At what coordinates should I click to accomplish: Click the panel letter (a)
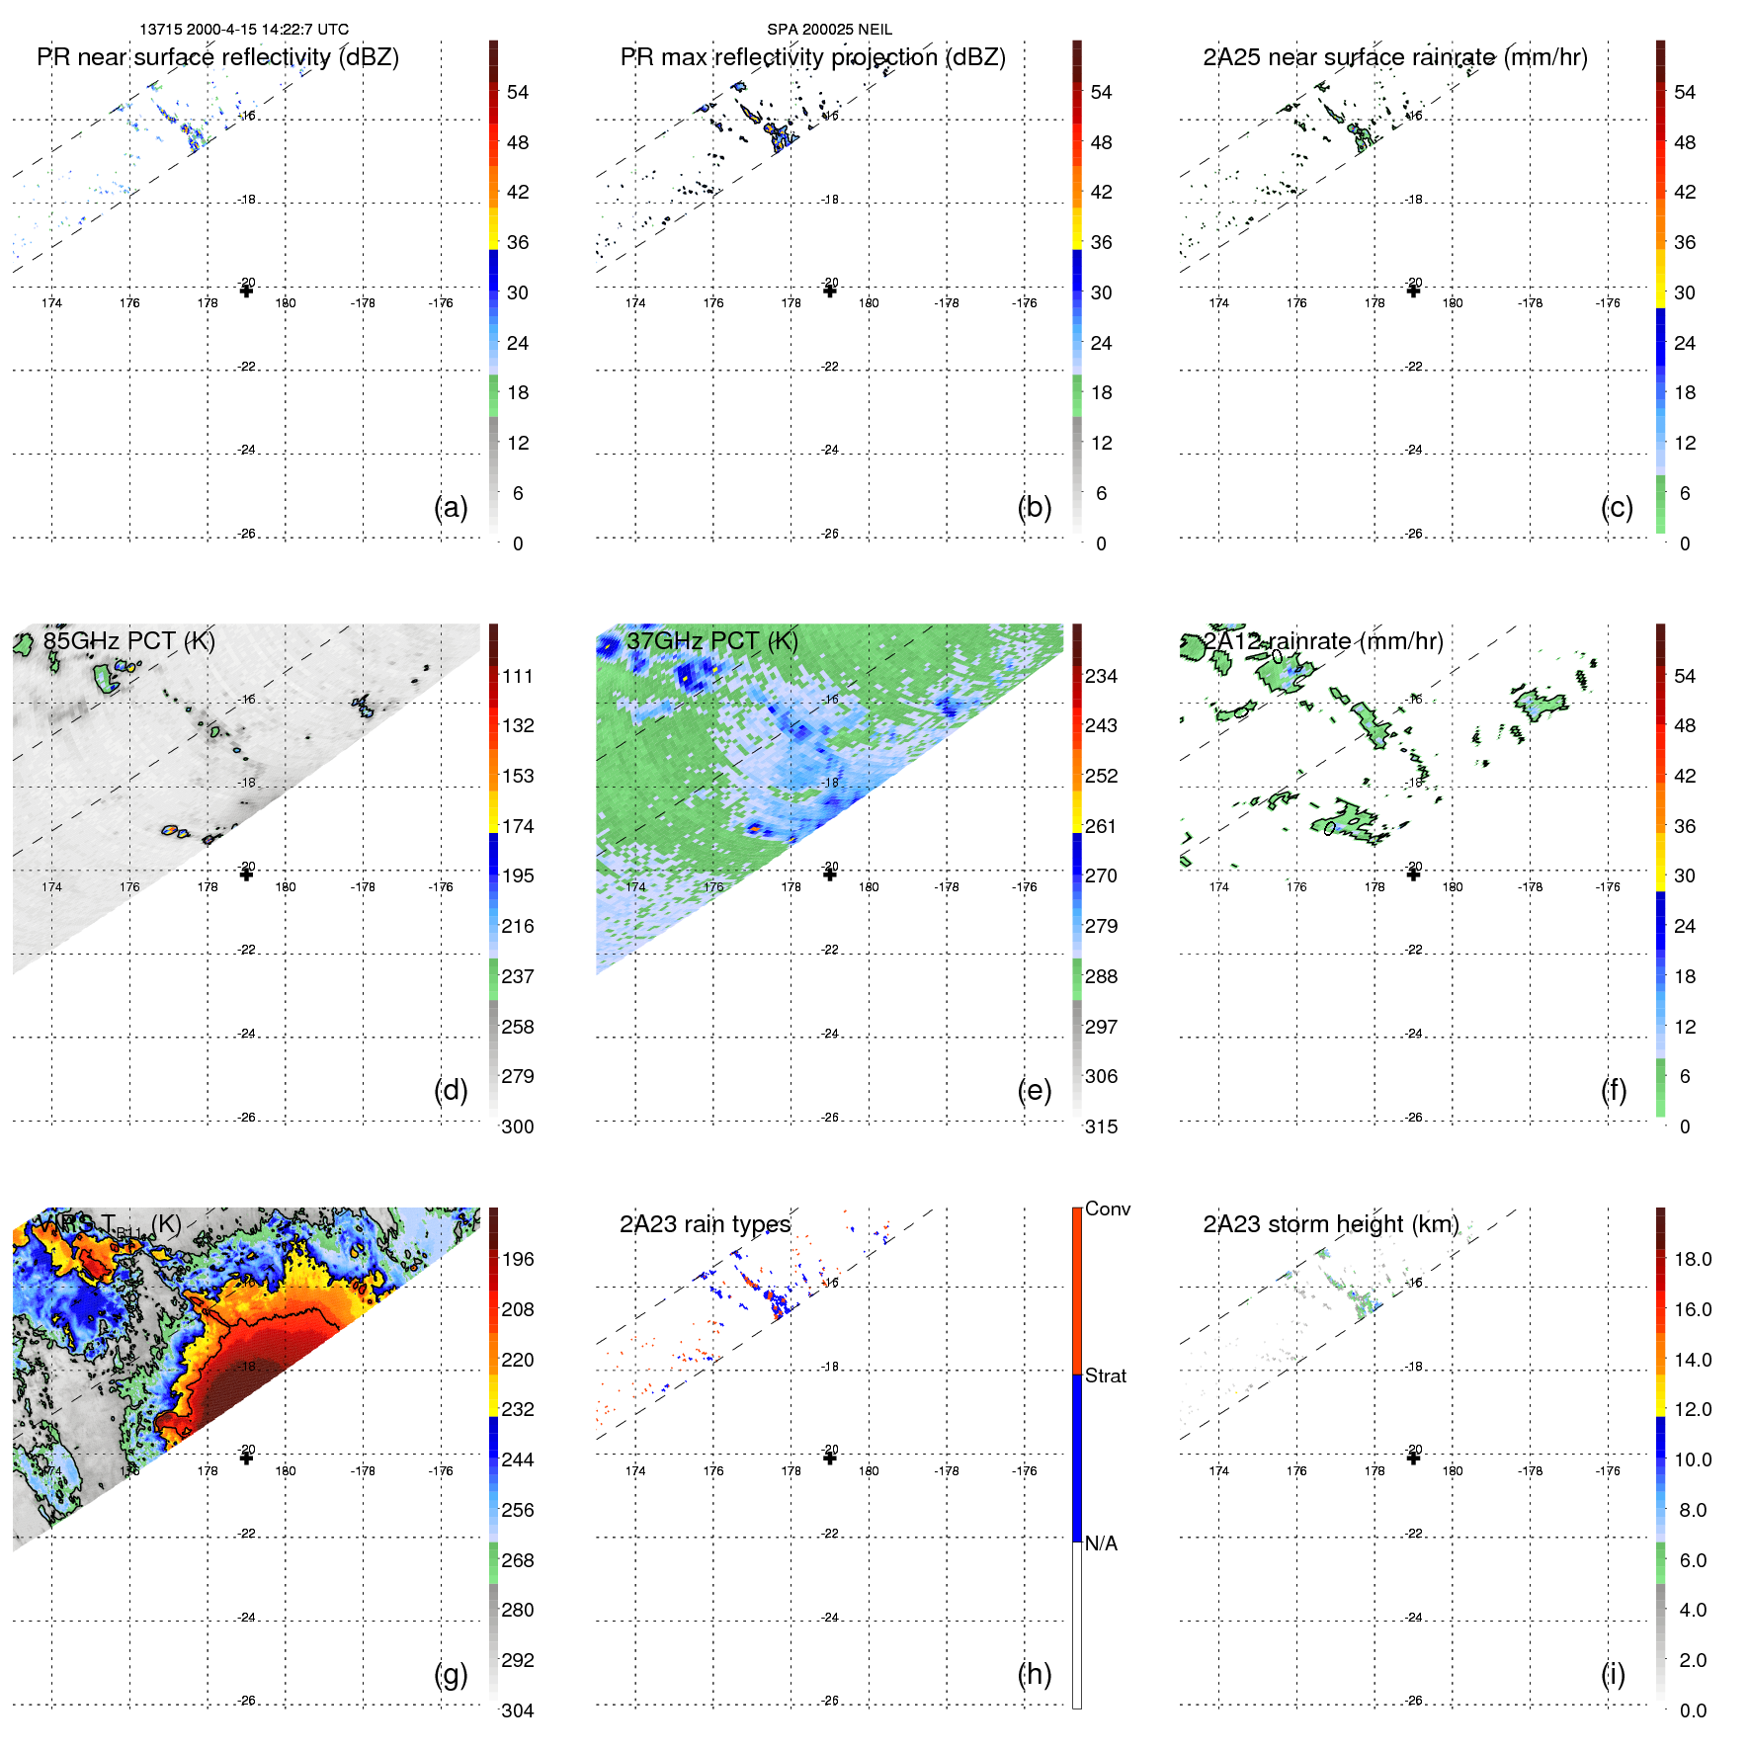coord(451,507)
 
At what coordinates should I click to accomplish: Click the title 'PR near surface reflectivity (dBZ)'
coord(217,57)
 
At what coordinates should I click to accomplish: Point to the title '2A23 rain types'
coord(705,1224)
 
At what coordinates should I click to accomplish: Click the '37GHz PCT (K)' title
coord(711,641)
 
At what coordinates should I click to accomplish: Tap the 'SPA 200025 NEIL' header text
coord(829,30)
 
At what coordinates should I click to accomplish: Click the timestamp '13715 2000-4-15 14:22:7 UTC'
coord(244,30)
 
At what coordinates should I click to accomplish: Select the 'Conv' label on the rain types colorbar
coord(1107,1208)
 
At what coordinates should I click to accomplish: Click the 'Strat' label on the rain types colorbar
coord(1105,1375)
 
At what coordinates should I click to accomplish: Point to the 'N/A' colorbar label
coord(1101,1543)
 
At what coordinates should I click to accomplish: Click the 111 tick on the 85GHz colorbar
coord(517,676)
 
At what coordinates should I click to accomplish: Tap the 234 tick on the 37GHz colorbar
coord(1101,676)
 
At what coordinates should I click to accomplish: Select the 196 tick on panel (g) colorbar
coord(517,1259)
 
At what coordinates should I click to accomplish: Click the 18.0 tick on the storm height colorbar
coord(1692,1259)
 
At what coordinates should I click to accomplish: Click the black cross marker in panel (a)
coord(246,291)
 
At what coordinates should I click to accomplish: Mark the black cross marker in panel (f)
coord(1413,874)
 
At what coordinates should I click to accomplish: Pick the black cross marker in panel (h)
coord(830,1458)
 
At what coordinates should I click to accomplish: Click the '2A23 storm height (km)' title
coord(1330,1224)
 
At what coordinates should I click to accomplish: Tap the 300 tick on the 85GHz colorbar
coord(517,1126)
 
